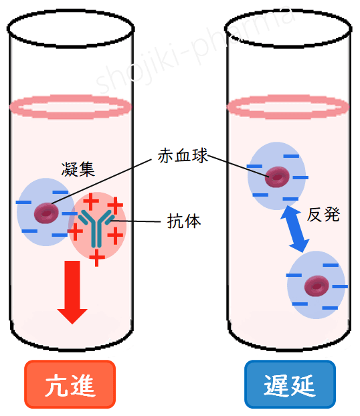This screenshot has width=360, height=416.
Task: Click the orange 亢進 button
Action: tap(70, 385)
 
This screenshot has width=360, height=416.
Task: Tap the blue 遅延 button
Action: tap(289, 385)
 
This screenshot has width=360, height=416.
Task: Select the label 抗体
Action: tap(183, 221)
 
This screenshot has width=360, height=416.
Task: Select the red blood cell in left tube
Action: tap(46, 213)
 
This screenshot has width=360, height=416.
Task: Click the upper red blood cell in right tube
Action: tap(276, 177)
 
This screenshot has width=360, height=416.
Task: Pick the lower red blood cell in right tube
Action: tap(316, 286)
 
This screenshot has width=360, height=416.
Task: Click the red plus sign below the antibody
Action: tap(97, 257)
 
